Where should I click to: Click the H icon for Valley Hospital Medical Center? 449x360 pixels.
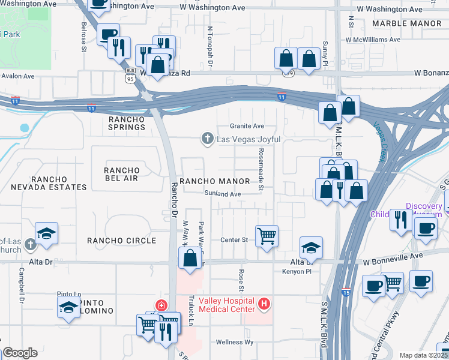tap(264, 304)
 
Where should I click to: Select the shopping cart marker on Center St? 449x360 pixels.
tap(267, 235)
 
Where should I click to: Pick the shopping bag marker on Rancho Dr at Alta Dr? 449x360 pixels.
tap(190, 259)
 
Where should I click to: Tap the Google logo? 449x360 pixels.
tap(20, 353)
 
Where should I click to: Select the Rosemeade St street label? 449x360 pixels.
tap(261, 170)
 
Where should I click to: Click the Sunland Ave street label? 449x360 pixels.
tap(222, 194)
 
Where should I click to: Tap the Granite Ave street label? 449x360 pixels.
tap(247, 127)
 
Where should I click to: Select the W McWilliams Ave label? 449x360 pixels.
tap(372, 40)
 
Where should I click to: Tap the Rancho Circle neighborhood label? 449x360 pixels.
tap(121, 241)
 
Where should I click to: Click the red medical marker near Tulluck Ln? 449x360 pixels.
tap(160, 305)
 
